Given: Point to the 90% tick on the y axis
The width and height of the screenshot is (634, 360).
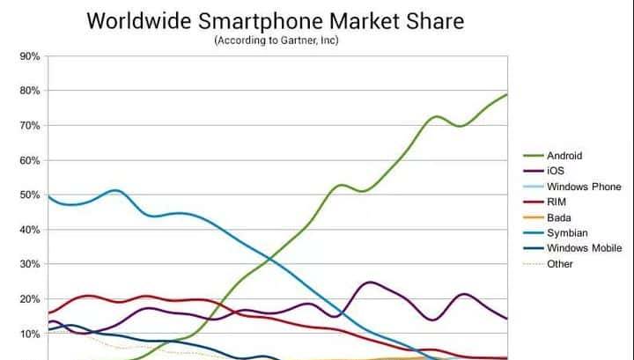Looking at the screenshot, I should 30,56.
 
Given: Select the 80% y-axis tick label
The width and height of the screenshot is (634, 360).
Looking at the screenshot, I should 30,91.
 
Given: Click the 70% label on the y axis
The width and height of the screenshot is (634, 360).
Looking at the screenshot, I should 30,126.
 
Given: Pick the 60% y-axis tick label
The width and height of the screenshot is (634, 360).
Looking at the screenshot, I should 30,160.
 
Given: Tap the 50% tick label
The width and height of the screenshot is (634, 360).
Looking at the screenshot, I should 30,195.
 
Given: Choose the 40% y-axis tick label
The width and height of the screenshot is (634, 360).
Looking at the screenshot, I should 30,230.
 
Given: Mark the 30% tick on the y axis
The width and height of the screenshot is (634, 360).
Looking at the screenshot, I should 30,265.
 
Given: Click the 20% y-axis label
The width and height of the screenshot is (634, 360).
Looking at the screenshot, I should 30,299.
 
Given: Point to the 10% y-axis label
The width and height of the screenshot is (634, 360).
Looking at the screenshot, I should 30,334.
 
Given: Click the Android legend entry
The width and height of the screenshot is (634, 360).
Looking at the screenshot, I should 564,156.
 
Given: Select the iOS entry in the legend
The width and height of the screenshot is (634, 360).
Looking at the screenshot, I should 556,171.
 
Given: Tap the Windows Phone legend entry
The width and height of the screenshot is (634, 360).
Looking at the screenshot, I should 584,187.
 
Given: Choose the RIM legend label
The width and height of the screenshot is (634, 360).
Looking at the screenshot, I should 557,202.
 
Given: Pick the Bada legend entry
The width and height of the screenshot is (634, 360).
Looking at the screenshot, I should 559,217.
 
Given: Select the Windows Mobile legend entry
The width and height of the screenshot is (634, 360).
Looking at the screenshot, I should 585,247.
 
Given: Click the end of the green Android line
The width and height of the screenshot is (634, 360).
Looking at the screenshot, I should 506,94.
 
